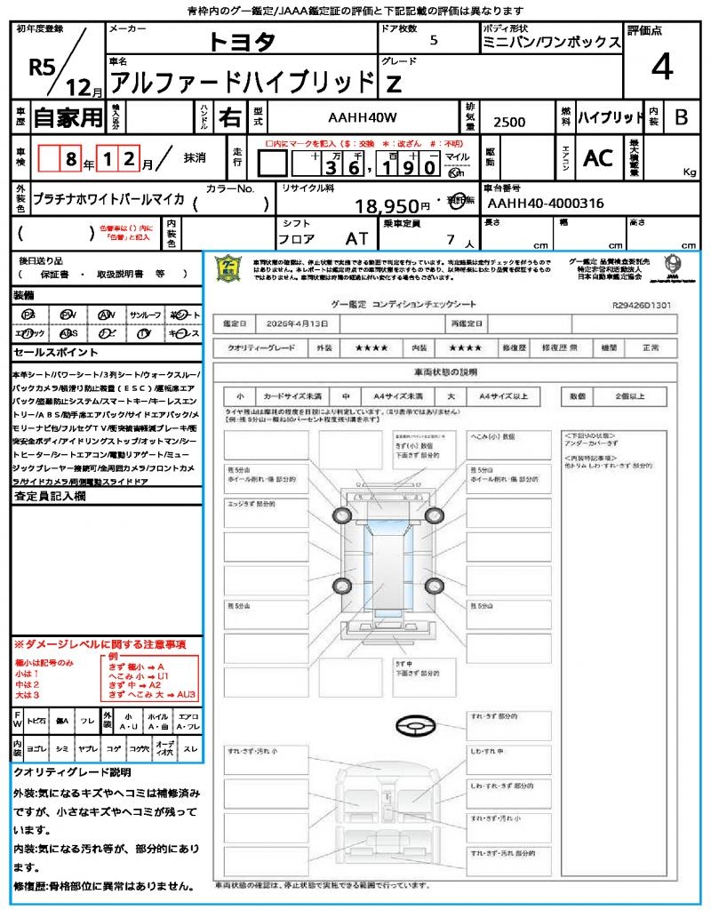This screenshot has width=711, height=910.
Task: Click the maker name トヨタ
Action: pos(242,41)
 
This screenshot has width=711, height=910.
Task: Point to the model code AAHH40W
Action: pos(363,117)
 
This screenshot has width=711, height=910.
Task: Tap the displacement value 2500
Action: pos(509,123)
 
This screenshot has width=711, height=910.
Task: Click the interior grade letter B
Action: pos(681,117)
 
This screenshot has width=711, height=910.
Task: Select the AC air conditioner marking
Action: pos(598,158)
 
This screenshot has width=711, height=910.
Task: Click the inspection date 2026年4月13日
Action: pos(292,323)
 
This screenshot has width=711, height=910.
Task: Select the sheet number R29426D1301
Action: pos(642,305)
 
